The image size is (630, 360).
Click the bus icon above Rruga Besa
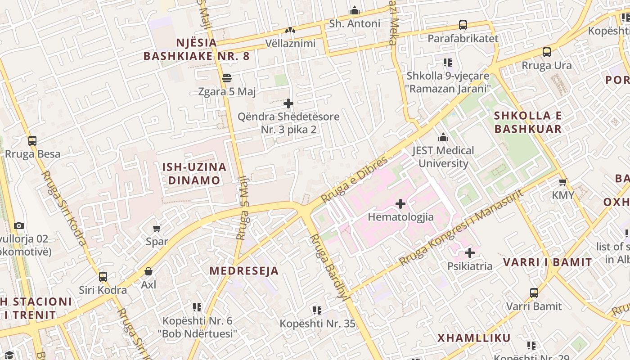(32, 140)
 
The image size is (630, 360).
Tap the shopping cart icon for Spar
(157, 228)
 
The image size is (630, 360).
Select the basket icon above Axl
(148, 271)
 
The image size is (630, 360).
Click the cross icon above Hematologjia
(400, 204)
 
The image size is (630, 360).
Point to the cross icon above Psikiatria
(469, 253)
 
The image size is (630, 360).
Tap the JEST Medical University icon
(443, 137)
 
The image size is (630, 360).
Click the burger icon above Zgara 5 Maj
(227, 78)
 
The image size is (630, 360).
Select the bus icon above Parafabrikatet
(463, 25)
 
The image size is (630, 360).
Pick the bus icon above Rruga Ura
(546, 52)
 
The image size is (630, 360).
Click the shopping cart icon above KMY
(562, 182)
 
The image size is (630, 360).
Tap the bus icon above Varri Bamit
(534, 293)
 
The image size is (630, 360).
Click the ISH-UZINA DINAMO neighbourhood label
(194, 174)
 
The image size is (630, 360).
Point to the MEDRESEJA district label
(244, 270)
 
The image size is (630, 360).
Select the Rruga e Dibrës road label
(354, 180)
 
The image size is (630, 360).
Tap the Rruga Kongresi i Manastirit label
(461, 227)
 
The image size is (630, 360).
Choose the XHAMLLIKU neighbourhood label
(474, 338)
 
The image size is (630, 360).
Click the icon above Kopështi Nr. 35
(317, 310)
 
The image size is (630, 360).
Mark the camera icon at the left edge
(18, 225)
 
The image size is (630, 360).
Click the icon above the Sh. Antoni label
(355, 10)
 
